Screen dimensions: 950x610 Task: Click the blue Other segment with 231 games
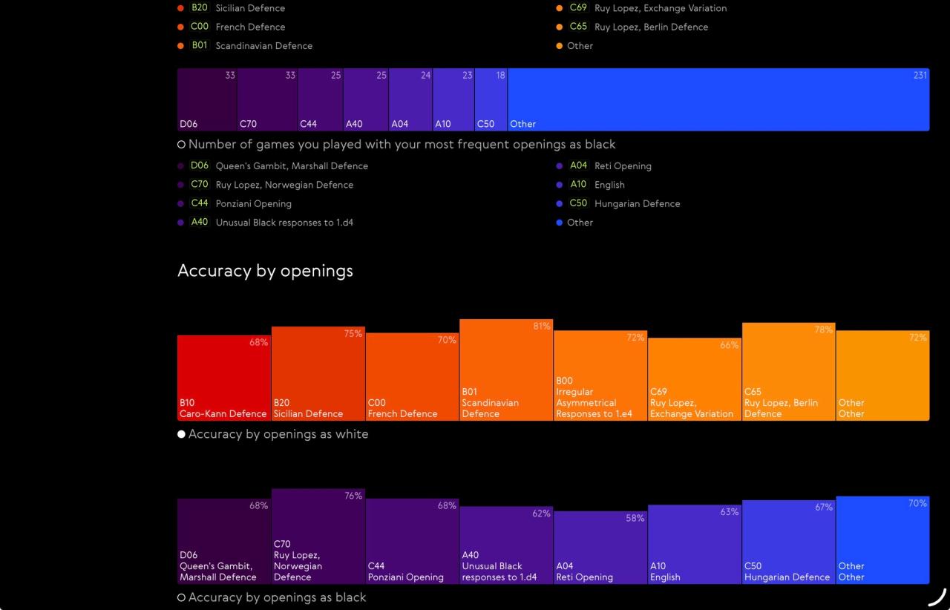[x=718, y=99]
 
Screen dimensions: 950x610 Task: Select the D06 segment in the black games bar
[x=207, y=99]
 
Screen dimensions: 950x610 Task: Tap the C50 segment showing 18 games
[x=491, y=99]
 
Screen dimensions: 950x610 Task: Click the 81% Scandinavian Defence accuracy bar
[x=506, y=370]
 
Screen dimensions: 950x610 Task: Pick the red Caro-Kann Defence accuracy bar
[x=224, y=378]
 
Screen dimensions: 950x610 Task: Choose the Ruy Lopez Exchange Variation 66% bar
[x=695, y=379]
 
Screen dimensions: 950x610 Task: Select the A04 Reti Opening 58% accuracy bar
[x=600, y=548]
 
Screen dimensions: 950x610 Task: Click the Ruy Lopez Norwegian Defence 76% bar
[x=318, y=537]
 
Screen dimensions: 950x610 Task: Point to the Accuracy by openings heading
[x=265, y=271]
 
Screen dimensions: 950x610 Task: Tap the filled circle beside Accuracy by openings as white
[x=181, y=434]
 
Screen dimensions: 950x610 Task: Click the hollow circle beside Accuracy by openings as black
[x=181, y=597]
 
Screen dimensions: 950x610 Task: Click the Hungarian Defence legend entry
[x=618, y=203]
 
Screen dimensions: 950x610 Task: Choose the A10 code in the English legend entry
[x=578, y=184]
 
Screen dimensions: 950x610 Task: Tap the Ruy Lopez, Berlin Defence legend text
[x=651, y=27]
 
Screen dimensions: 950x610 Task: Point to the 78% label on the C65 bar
[x=824, y=329]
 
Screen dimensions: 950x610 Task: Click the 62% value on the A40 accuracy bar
[x=541, y=514]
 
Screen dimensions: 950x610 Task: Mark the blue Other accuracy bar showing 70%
[x=883, y=540]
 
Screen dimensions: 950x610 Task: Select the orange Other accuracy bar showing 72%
[x=883, y=375]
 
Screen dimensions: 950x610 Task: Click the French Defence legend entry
[x=232, y=27]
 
